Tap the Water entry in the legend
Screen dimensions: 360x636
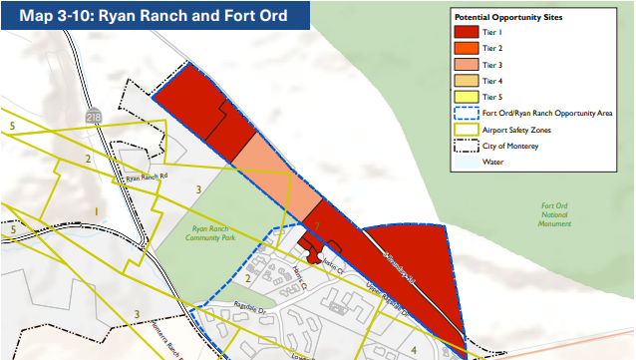491,161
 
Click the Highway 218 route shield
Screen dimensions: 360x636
92,117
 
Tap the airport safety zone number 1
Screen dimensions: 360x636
95,211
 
